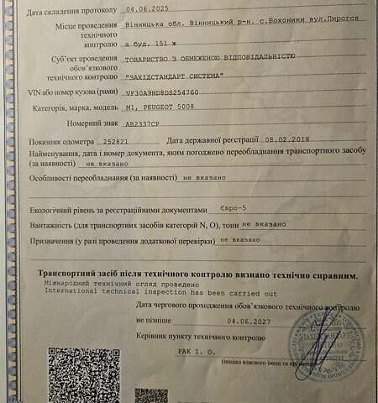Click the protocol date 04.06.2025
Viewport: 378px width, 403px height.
pos(145,13)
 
